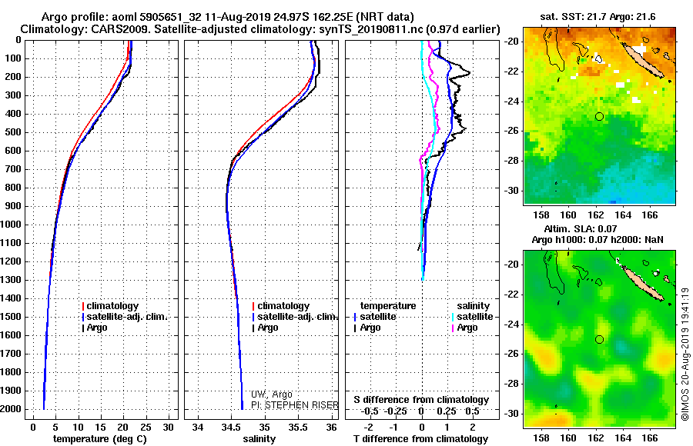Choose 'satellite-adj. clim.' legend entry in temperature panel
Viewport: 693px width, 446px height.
[x=126, y=317]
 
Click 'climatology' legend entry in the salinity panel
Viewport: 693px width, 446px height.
[x=283, y=306]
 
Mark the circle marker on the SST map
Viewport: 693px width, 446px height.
[x=599, y=116]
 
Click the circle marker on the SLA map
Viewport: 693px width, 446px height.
[x=599, y=339]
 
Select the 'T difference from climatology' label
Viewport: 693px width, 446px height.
[x=420, y=439]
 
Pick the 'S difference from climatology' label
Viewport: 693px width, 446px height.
[x=420, y=400]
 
